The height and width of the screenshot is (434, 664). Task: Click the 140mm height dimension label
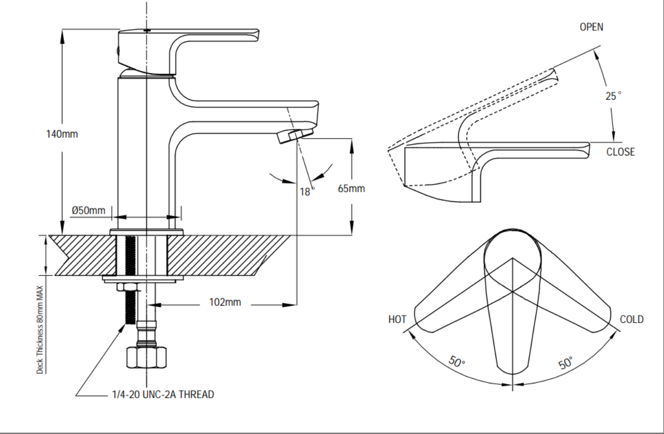click(x=62, y=134)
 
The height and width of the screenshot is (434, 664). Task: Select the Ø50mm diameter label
click(x=88, y=210)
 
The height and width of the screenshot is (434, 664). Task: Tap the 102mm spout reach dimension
click(x=225, y=302)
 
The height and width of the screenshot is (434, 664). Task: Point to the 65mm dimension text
click(x=351, y=189)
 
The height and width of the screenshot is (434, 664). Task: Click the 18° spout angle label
click(x=306, y=192)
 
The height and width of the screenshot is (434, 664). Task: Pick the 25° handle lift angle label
click(x=613, y=96)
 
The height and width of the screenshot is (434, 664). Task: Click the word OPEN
click(x=591, y=27)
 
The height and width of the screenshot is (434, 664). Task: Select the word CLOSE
click(x=621, y=152)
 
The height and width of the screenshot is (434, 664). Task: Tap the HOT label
click(x=397, y=319)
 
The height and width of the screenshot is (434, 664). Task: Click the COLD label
click(x=631, y=319)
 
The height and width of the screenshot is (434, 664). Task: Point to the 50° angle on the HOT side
click(x=457, y=362)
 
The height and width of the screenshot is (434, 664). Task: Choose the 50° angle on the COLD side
click(x=565, y=363)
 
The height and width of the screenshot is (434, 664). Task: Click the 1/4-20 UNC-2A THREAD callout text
click(x=162, y=395)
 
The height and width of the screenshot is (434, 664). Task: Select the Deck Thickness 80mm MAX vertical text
click(x=40, y=329)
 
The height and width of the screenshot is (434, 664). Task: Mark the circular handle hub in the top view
click(x=512, y=254)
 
